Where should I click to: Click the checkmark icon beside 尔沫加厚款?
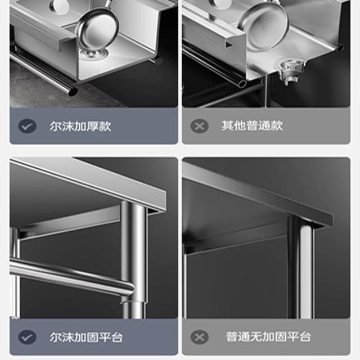coord(27,126)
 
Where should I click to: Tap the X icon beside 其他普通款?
coord(199,126)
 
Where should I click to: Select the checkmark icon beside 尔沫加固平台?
coord(27,337)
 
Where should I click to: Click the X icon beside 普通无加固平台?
coord(199,337)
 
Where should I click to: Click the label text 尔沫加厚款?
coord(80,126)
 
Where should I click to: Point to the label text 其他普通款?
coord(252,126)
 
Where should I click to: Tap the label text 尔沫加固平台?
coord(86,337)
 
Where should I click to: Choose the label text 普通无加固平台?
coord(268,336)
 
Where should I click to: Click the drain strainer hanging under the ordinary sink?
coord(291,71)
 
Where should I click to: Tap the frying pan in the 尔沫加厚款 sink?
coord(97,25)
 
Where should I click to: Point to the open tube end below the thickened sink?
coord(73,91)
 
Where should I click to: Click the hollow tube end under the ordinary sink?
coord(242,83)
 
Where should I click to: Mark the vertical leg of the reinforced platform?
coord(134,259)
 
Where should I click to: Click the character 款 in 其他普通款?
coord(277,126)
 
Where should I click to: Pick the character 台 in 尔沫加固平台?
coord(117,337)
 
